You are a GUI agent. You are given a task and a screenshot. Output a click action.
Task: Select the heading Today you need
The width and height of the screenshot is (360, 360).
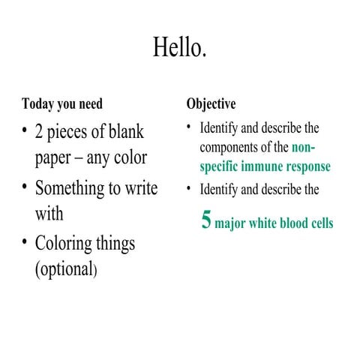(62, 103)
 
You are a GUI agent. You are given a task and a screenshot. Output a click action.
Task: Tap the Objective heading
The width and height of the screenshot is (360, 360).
(211, 103)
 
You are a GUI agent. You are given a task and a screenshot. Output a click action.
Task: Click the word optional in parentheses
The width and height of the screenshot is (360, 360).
(65, 269)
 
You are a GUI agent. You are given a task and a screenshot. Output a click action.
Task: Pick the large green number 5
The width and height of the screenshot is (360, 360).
(206, 220)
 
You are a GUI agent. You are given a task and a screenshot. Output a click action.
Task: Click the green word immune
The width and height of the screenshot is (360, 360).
(257, 166)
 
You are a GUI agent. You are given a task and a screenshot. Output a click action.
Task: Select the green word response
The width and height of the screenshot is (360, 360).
(306, 166)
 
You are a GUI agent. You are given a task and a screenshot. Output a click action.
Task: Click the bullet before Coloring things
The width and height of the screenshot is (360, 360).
(25, 241)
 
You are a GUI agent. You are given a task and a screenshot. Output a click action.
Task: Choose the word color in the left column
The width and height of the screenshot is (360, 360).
(130, 159)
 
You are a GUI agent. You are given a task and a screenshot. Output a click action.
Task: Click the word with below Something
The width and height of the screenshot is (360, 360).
(49, 214)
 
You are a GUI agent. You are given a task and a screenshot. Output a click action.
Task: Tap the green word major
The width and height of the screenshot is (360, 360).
(232, 223)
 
